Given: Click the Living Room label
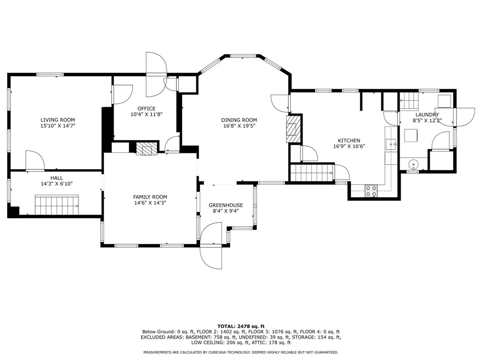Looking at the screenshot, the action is click(58, 120).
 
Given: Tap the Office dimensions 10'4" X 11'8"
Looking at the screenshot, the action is click(146, 114).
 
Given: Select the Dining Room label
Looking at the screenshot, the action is click(239, 120).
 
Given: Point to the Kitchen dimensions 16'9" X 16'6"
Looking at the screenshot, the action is click(349, 146).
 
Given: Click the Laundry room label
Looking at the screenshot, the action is click(427, 114).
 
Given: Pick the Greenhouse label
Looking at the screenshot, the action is click(226, 205).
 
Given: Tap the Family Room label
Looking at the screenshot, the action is click(150, 197).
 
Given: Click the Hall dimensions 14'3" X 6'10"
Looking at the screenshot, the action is click(57, 184).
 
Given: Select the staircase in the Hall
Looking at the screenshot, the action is click(57, 205).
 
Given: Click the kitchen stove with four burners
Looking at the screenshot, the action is click(371, 191).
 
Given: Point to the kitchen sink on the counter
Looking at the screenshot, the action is click(391, 144).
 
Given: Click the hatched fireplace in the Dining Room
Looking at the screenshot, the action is click(293, 129).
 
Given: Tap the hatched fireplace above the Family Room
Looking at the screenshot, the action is click(146, 149).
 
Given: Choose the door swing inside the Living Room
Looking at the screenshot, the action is click(35, 161).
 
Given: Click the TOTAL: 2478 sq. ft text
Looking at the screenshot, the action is click(241, 326).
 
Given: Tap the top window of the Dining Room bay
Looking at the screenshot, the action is click(243, 56).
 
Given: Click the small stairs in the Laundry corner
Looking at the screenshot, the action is click(409, 100).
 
